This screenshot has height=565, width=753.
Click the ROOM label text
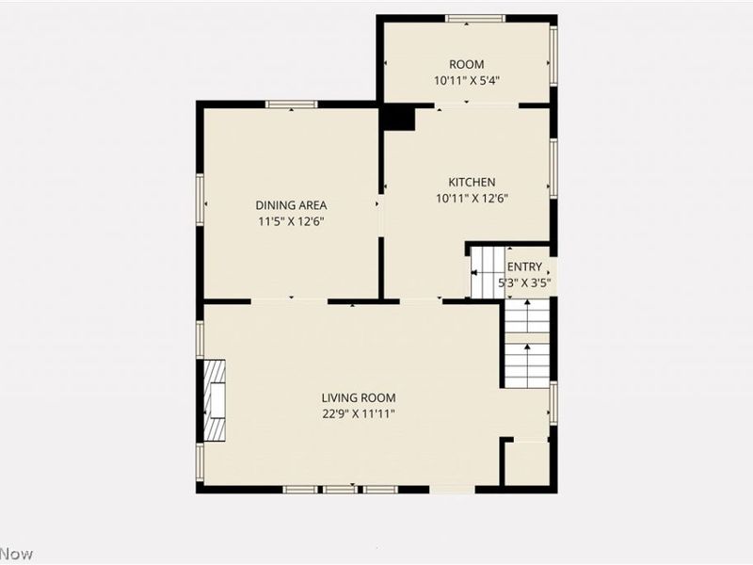coord(467,64)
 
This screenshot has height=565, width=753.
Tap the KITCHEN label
coord(472,182)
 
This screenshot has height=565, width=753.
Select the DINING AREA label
coord(292,204)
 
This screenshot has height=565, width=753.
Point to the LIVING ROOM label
coord(358,397)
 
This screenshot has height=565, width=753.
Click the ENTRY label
coord(524,266)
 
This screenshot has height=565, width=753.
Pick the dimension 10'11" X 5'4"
coord(467,80)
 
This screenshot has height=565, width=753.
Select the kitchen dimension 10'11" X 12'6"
coord(472,198)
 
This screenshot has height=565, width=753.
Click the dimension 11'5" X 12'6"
coord(292,221)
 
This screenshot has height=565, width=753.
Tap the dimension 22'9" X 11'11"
coord(358,413)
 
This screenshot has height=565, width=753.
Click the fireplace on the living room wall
coord(216,400)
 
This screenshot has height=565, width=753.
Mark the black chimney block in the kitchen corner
coord(398,119)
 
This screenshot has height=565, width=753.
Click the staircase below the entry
coord(526,343)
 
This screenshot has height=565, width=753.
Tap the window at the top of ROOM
coord(468,18)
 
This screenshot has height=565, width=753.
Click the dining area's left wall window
coord(200,199)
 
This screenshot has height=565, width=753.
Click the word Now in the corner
coord(16,554)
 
